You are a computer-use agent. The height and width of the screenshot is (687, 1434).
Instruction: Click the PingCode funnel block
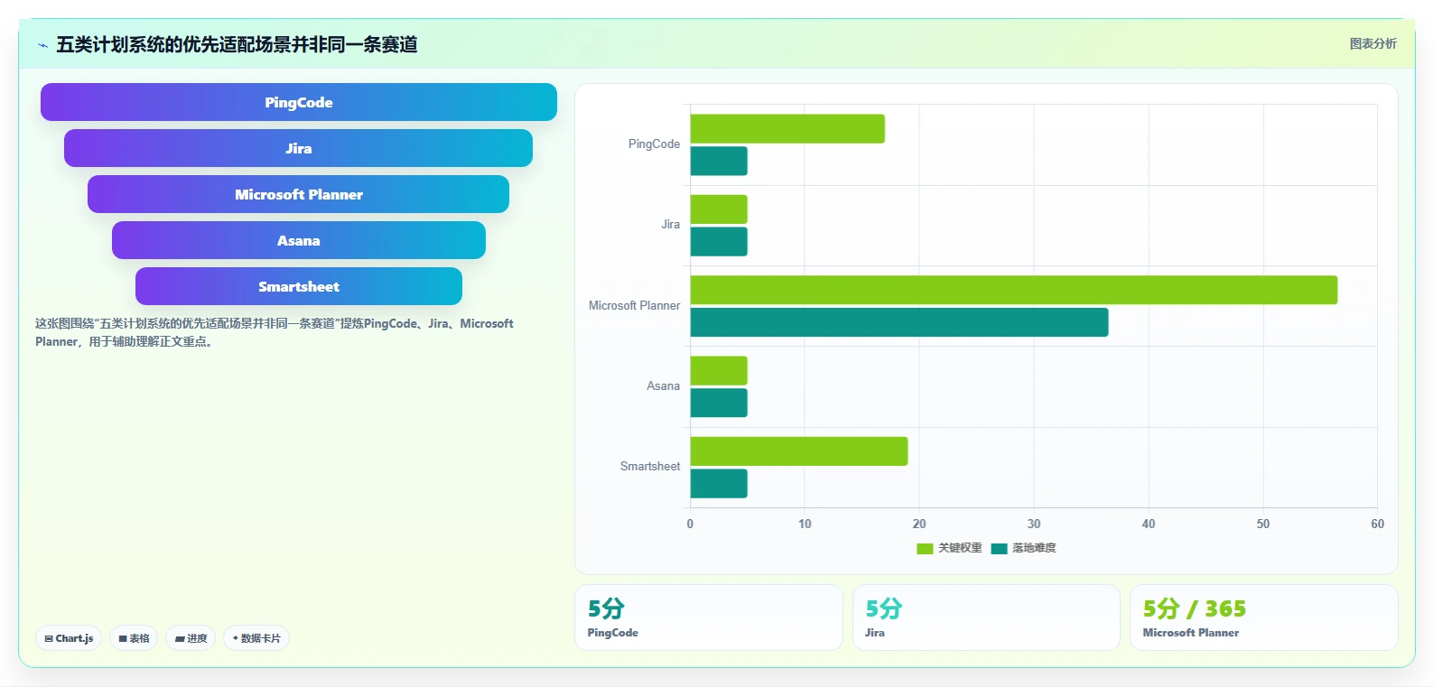(298, 102)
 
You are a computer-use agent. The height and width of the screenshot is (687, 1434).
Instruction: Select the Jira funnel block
(298, 148)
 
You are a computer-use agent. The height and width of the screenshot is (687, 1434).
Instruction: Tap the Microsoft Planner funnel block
(298, 194)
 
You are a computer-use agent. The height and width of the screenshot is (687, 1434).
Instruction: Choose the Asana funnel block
(298, 240)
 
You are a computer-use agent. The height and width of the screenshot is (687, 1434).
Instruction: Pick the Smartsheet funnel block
(298, 286)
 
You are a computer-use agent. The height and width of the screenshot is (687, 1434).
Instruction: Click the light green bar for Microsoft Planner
(1013, 290)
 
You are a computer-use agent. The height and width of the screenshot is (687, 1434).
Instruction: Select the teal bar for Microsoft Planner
(899, 322)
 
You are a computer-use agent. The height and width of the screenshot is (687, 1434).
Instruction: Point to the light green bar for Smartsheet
(799, 451)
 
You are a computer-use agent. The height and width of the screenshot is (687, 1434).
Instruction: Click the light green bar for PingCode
(787, 129)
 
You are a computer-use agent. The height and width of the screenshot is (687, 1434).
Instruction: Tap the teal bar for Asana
(718, 403)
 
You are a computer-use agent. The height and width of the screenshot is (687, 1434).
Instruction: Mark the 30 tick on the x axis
(1033, 524)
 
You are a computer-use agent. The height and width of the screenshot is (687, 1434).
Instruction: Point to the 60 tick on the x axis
(1377, 524)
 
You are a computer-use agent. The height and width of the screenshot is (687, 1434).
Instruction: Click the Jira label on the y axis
(670, 224)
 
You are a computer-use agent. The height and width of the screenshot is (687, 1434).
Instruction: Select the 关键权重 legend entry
(949, 548)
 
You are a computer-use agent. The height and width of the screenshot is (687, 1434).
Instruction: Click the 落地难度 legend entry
(1024, 548)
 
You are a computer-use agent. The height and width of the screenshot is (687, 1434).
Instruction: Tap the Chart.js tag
(69, 638)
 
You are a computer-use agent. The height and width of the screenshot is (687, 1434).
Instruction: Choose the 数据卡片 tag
(256, 638)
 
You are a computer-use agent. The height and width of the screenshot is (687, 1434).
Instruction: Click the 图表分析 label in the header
(1373, 43)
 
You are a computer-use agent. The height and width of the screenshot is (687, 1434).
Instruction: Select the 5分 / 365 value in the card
(1194, 608)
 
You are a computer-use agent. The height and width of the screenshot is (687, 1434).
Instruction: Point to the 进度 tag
(191, 638)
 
